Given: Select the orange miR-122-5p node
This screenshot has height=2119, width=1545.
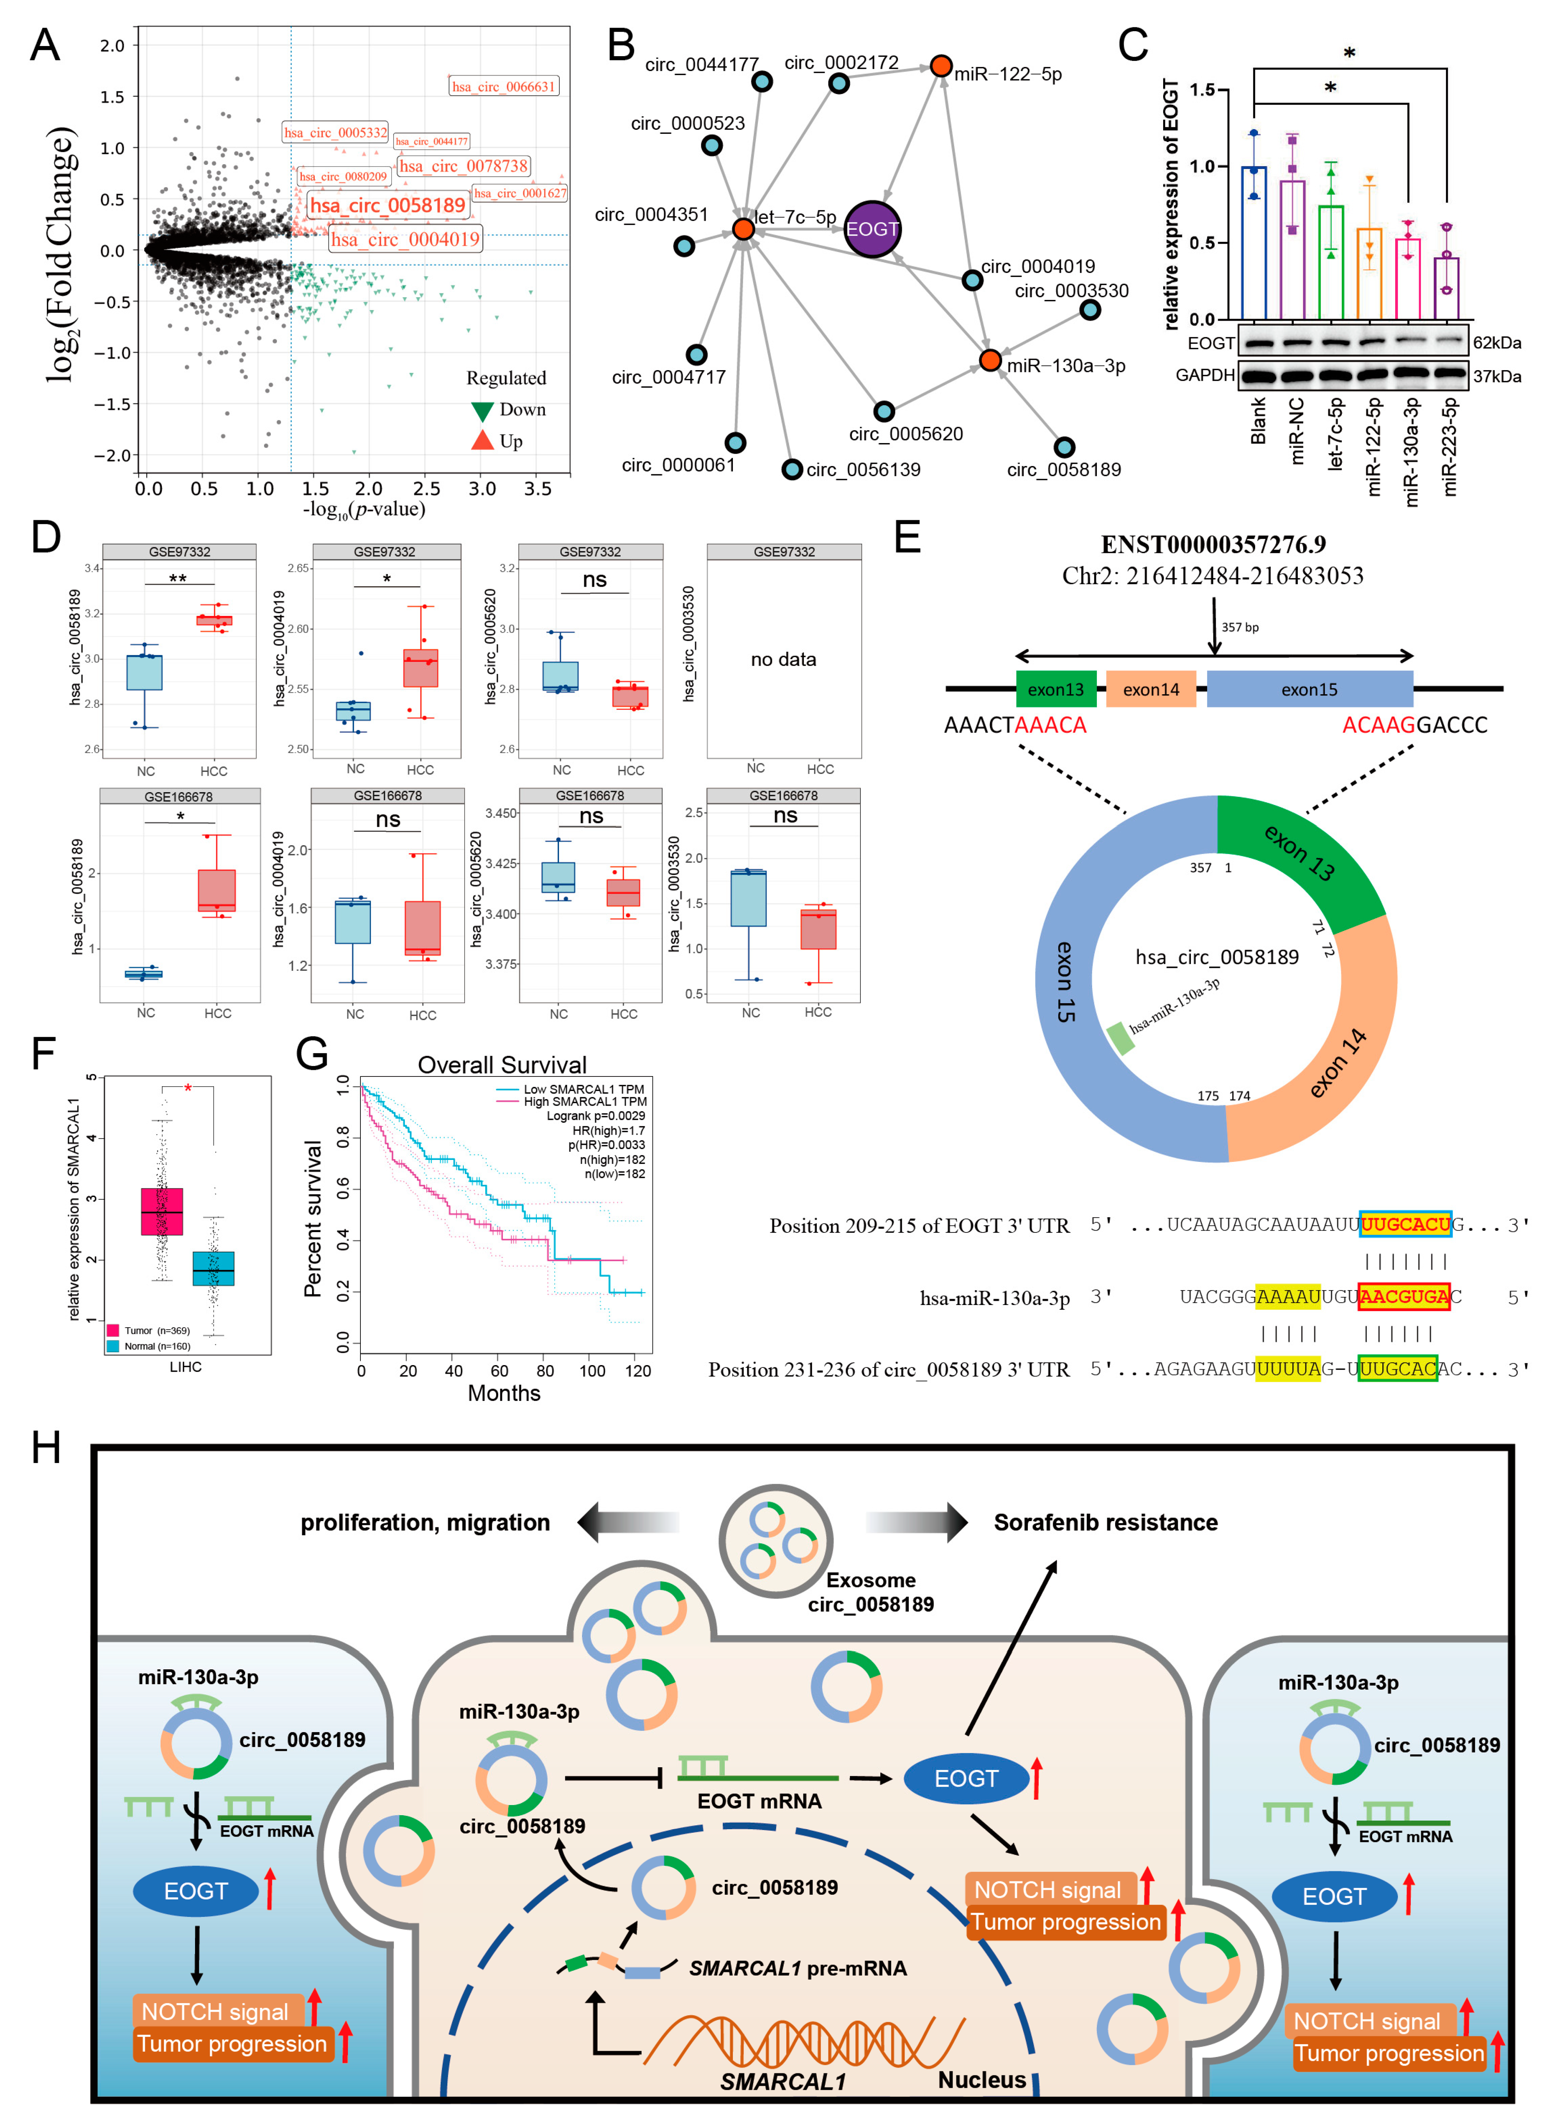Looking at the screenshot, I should pos(941,66).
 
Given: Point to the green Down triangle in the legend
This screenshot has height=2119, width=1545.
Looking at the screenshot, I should pos(482,411).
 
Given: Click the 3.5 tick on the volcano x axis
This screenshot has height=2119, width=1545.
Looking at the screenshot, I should pos(538,488).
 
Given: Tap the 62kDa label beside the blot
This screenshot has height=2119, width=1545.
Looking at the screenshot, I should pos(1496,343).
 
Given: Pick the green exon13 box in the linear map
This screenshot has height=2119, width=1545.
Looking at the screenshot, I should pos(1056,689).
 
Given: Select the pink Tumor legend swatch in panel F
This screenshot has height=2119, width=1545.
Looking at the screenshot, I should pos(113,1330).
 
